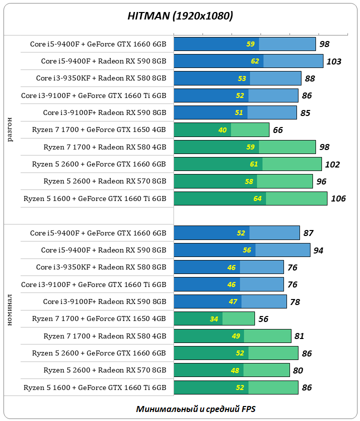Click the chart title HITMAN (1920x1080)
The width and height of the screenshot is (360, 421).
coord(180,16)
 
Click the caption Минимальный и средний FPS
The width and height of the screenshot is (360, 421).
coord(196,409)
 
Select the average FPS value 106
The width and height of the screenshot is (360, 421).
coord(338,199)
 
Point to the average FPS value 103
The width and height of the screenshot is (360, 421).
coord(333,61)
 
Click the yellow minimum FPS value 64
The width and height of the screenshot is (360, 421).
coord(257,199)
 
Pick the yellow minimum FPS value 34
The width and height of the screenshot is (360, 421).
coord(214,319)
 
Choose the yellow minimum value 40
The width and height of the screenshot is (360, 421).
coord(222,130)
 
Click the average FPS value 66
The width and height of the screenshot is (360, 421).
coord(277,130)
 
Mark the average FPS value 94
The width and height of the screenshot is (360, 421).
coord(318,250)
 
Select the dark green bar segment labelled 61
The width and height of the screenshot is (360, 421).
coord(217,164)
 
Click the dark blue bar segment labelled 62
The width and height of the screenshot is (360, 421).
coord(218,61)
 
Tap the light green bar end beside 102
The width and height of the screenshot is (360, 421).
coord(292,164)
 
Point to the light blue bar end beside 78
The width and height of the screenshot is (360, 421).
coord(264,302)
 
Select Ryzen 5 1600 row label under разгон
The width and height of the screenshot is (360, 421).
coord(94,198)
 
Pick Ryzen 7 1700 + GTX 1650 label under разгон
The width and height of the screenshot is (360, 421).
coord(98,130)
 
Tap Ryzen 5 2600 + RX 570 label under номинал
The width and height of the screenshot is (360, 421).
coord(104,370)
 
